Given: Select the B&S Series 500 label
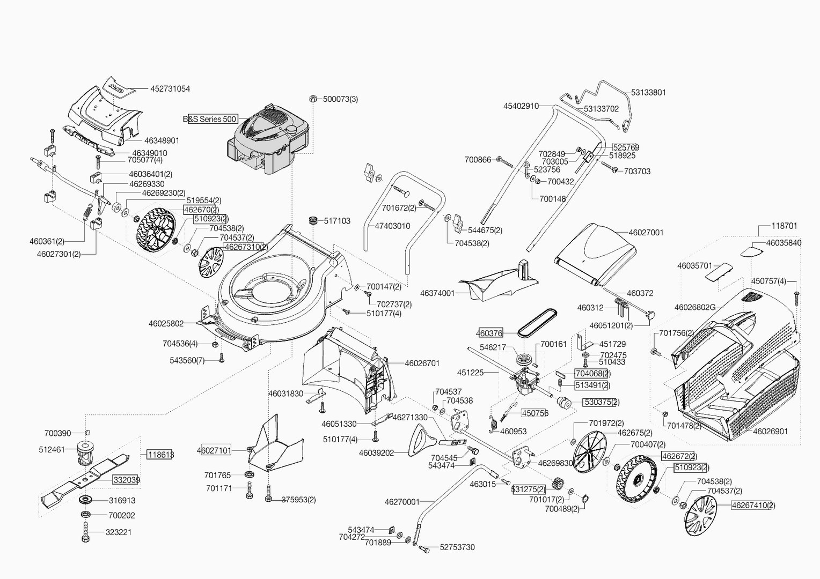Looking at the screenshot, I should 210,119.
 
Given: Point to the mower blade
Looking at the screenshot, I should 86,477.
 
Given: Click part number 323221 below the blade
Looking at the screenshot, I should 120,532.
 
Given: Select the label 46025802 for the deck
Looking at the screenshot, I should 166,324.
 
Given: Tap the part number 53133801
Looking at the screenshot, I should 648,93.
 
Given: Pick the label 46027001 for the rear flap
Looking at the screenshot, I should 646,233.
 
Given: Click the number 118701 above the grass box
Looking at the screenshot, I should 784,226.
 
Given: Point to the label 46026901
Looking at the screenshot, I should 770,431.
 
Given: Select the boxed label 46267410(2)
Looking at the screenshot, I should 753,505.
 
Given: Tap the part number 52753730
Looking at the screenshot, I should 457,547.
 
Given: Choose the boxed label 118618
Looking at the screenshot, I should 160,455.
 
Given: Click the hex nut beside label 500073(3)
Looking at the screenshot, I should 313,99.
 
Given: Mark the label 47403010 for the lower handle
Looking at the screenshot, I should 392,226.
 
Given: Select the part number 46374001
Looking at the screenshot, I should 437,293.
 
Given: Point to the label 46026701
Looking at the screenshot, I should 422,363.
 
